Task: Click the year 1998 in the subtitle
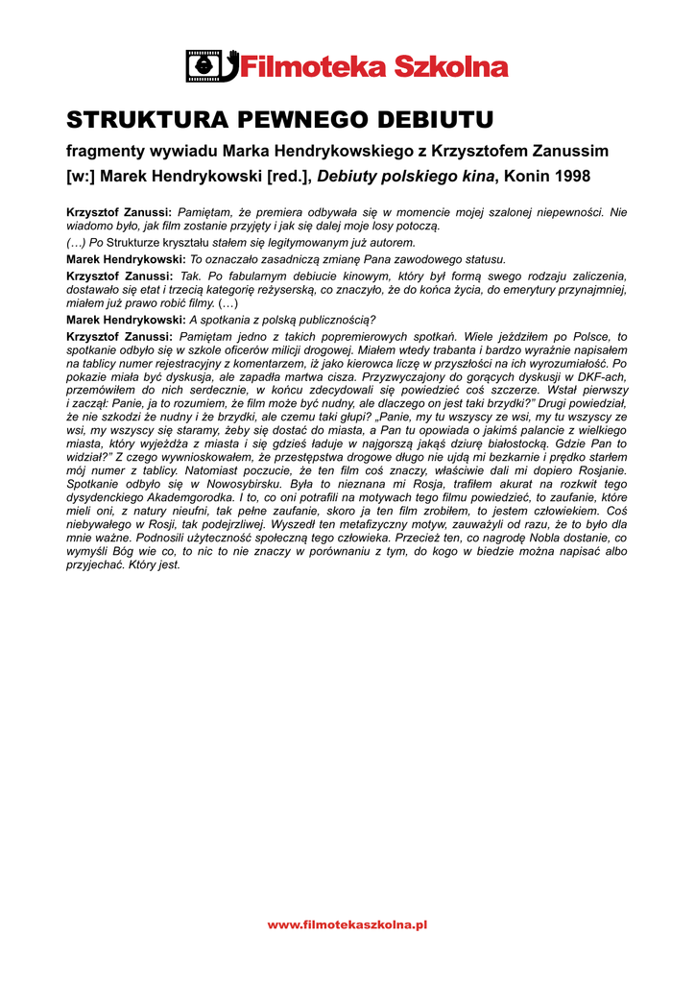[570, 177]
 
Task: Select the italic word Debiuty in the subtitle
[347, 177]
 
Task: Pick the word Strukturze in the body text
[135, 243]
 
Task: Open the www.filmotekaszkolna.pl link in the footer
[347, 924]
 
